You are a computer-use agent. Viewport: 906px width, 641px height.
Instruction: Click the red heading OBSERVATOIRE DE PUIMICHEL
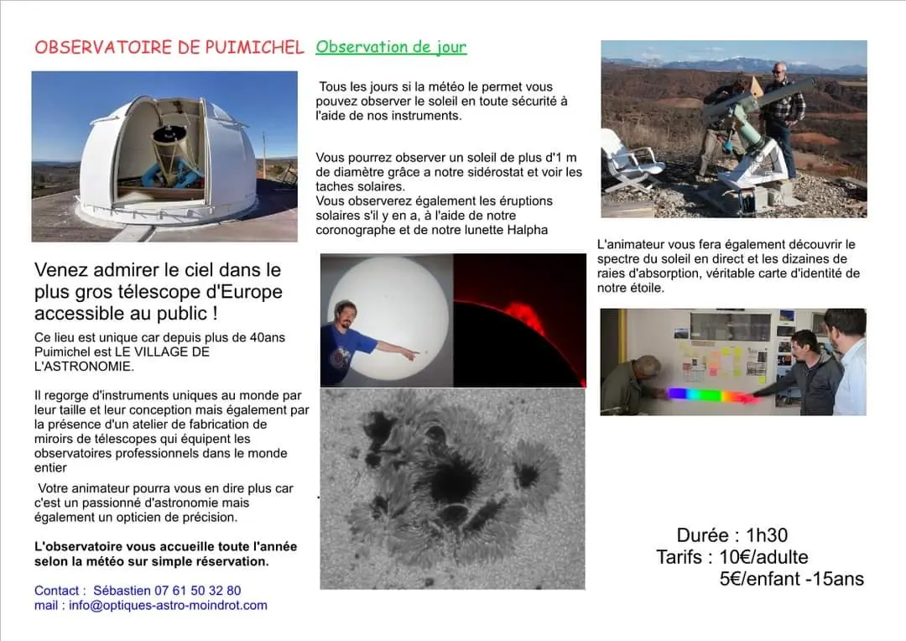click(x=169, y=48)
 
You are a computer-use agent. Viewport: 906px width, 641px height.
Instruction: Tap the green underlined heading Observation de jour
click(x=391, y=47)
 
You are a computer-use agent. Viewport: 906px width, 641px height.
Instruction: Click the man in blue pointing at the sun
click(x=348, y=340)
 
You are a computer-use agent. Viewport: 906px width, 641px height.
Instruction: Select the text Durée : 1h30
click(x=732, y=535)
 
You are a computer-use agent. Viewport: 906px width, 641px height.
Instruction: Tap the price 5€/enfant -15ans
click(x=790, y=579)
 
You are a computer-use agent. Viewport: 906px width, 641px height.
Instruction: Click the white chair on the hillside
click(x=628, y=161)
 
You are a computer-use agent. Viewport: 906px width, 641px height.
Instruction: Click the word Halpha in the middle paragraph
click(x=526, y=229)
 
